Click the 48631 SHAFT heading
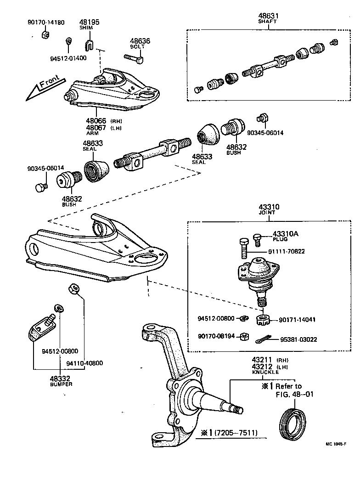coord(269,18)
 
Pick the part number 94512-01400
coord(68,58)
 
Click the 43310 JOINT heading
coord(268,210)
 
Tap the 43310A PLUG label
coord(285,236)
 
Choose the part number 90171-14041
coord(297,319)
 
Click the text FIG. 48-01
coord(294,394)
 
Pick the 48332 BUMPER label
coord(61,381)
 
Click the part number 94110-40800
coord(84,363)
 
